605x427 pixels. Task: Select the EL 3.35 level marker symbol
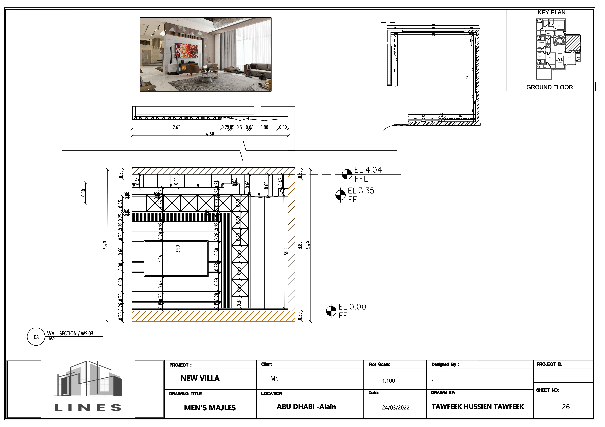340,195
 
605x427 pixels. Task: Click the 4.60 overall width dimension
210,134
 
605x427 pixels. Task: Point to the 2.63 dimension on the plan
177,127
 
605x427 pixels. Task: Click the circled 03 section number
36,337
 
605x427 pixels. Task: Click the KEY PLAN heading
551,12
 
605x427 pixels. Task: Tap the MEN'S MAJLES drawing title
210,408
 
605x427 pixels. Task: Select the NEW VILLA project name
200,378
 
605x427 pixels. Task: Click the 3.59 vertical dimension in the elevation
178,249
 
